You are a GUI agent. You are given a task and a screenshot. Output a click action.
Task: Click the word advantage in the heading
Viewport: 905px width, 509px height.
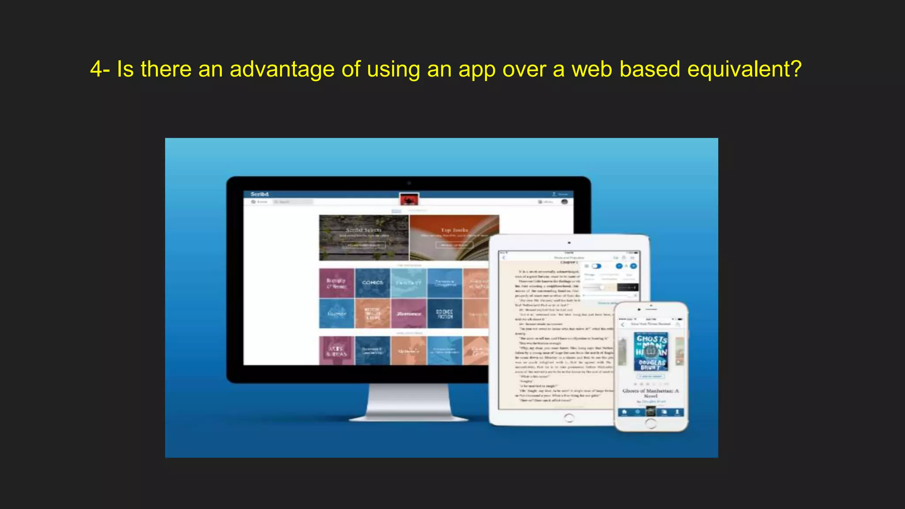(282, 70)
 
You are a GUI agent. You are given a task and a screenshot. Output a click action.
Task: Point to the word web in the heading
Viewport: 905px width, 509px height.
(592, 69)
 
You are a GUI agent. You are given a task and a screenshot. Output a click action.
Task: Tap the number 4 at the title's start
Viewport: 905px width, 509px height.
(96, 69)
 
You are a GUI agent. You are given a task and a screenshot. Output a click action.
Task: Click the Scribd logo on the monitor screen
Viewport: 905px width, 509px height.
(259, 194)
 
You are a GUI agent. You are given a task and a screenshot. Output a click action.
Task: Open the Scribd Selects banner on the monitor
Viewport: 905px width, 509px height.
(363, 237)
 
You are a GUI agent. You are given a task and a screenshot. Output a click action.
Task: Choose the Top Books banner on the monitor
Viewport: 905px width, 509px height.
(454, 237)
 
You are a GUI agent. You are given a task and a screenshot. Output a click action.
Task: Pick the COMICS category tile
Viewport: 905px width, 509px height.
(373, 283)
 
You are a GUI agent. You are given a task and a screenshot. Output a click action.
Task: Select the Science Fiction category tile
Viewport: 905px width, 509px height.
(445, 314)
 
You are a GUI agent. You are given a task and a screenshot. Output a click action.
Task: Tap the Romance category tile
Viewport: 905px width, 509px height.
(409, 314)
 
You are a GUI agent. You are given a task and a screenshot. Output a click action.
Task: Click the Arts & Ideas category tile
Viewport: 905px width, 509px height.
(337, 351)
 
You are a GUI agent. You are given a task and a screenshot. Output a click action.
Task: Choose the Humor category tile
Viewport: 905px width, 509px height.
(337, 314)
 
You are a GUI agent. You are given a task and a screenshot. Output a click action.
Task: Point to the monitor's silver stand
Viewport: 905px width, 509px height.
(408, 402)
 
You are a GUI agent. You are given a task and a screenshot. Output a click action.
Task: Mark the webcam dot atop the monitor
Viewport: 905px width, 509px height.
(409, 183)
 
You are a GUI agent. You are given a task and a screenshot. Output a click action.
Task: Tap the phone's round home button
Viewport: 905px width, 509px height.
(651, 423)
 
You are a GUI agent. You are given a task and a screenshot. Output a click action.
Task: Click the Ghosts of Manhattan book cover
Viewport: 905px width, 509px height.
(651, 352)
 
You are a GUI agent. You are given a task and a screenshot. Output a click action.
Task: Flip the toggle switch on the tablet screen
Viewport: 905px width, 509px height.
(597, 266)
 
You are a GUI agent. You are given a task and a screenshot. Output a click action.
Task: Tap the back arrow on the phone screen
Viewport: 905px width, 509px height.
(623, 324)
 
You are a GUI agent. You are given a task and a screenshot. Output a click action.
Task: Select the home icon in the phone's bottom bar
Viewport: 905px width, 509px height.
(624, 412)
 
